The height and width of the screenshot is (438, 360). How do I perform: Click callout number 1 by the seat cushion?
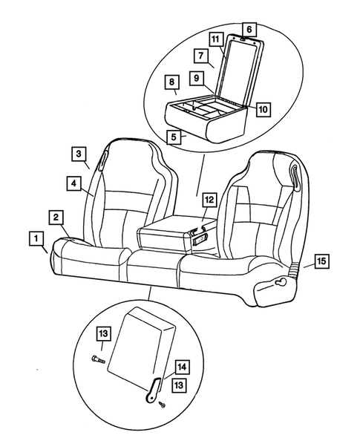click(x=34, y=238)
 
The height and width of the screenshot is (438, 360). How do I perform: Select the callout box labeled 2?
click(x=55, y=217)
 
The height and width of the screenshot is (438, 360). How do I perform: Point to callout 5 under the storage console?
click(x=172, y=137)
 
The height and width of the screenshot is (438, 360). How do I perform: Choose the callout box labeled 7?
click(x=200, y=56)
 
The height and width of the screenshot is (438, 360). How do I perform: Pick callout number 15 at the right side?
click(x=320, y=261)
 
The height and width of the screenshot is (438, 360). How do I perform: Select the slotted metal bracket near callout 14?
click(x=153, y=388)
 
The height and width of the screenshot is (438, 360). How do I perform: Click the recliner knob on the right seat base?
click(x=283, y=284)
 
